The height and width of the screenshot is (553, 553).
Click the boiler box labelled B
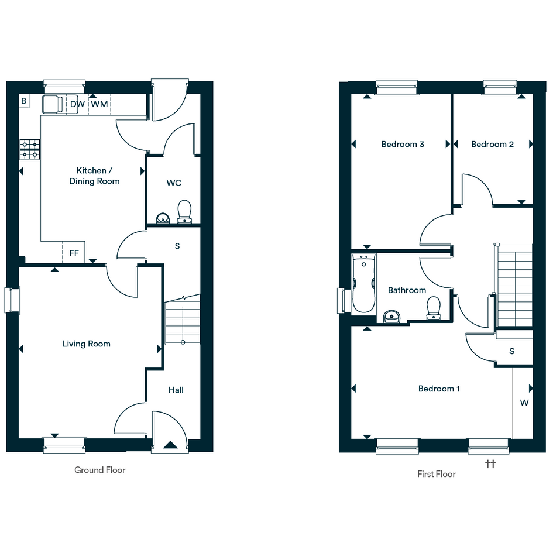[24, 101]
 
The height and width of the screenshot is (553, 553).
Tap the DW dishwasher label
[78, 104]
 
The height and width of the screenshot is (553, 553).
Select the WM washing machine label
[99, 104]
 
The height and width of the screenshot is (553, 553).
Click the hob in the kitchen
[30, 150]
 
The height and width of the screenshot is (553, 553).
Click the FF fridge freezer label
[74, 253]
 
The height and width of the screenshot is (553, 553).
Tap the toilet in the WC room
[184, 212]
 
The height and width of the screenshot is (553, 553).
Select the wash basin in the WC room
[163, 218]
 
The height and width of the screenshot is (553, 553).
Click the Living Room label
[86, 344]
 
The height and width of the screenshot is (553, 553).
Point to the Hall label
[176, 390]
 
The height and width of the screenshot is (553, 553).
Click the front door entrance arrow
[170, 445]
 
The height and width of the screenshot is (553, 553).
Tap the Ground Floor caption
[100, 470]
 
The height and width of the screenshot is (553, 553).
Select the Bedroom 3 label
[403, 144]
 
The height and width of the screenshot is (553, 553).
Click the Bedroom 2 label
[492, 144]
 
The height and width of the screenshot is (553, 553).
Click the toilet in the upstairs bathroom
[434, 308]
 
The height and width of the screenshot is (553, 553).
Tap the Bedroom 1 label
[439, 389]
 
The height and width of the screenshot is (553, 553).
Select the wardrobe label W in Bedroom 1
[524, 403]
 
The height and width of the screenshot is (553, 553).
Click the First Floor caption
[437, 474]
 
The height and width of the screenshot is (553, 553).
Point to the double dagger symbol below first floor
[490, 464]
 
